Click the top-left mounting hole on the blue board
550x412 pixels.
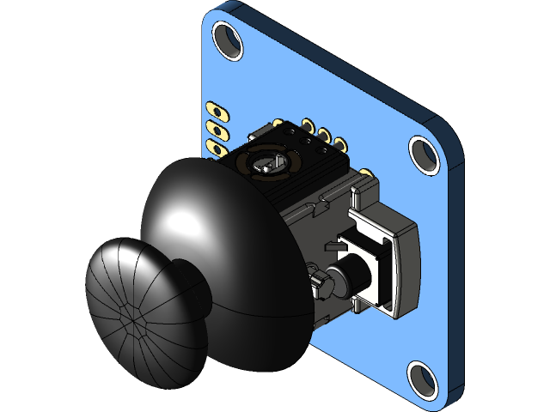click(x=228, y=39)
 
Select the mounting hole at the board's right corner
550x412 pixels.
click(x=425, y=154)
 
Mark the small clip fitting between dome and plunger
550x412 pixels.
click(x=316, y=281)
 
